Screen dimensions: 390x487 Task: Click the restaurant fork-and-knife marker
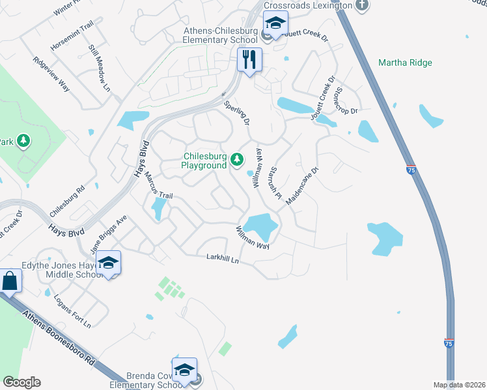tap(249, 60)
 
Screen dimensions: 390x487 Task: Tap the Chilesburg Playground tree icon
tap(238, 159)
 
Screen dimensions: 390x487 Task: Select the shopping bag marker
tap(10, 281)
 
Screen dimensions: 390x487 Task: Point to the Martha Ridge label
tap(404, 63)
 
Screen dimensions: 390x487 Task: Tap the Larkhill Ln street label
tap(223, 259)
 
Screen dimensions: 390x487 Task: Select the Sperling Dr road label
tap(237, 112)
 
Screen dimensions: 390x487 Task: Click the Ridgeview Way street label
tap(51, 71)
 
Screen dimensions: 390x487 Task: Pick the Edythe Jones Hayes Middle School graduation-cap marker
tap(109, 263)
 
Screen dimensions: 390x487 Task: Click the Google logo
tap(21, 382)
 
